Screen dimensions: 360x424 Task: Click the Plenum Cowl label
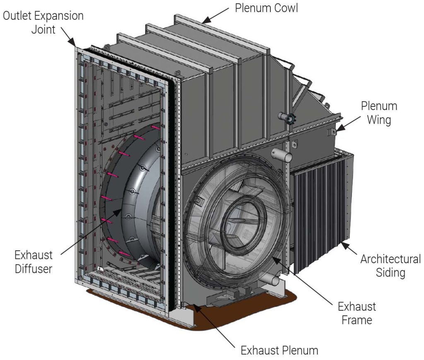click(266, 8)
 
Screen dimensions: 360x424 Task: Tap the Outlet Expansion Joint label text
click(43, 23)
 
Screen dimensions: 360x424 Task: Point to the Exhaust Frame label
click(357, 313)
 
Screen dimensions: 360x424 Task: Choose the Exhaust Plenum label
click(279, 350)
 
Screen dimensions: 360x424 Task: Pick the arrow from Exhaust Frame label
click(302, 281)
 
